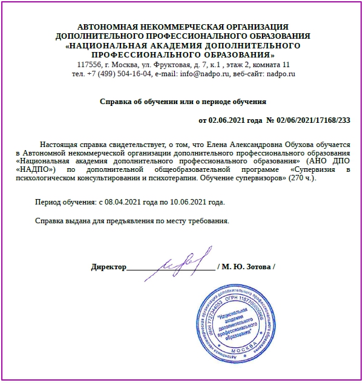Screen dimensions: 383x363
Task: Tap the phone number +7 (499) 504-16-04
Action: tap(117, 74)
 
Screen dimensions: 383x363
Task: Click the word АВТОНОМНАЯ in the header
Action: tap(111, 27)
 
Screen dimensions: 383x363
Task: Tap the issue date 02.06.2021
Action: tap(227, 120)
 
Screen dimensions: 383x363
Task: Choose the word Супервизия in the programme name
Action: tap(308, 171)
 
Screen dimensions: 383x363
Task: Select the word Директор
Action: tap(108, 267)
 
